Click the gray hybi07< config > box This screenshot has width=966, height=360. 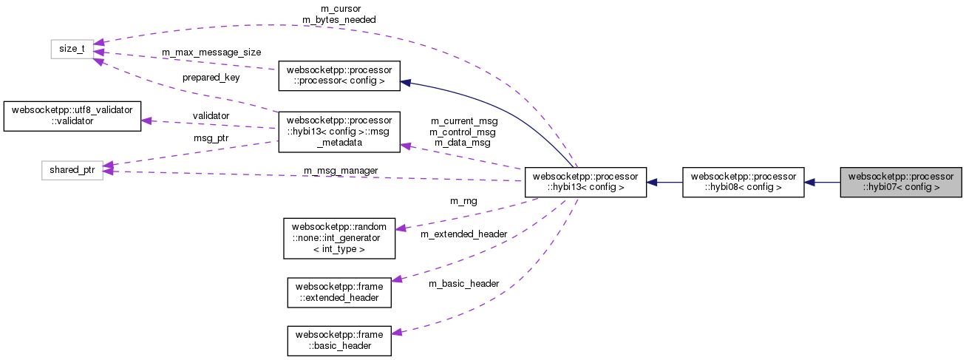901,182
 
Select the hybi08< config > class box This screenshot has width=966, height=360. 743,182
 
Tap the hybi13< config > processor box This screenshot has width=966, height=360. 585,182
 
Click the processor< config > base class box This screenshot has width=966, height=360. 339,75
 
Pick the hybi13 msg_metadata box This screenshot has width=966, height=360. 339,132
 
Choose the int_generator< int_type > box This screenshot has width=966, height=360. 339,237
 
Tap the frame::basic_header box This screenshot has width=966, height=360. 339,340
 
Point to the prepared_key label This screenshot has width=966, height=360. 211,77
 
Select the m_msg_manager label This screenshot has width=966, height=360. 341,171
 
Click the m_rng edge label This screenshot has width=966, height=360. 463,200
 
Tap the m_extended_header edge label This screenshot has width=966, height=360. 463,234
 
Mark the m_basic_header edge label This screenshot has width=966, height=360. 463,283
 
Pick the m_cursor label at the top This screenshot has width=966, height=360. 341,9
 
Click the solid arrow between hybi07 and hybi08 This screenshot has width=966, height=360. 822,182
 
